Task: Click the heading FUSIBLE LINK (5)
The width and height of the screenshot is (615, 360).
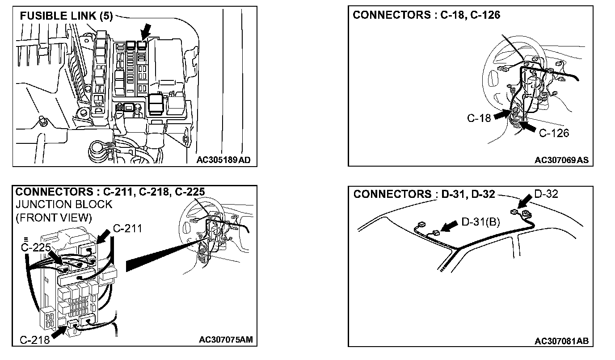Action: (x=66, y=16)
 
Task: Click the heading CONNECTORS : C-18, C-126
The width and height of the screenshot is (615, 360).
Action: (x=426, y=15)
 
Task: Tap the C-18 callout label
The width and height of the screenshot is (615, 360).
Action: (x=479, y=118)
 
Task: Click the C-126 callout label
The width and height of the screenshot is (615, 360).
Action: (x=554, y=133)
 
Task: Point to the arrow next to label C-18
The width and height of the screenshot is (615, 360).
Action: (x=501, y=115)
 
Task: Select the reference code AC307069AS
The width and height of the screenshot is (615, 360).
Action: (x=561, y=160)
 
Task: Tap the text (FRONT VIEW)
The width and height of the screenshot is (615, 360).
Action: (x=54, y=218)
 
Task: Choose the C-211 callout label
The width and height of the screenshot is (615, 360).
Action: (x=127, y=229)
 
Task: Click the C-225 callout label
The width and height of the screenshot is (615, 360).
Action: (x=36, y=246)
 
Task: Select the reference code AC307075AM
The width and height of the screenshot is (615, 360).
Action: (x=226, y=339)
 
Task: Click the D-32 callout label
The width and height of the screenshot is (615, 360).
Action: (x=546, y=194)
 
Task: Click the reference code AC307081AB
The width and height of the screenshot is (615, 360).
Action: (x=561, y=341)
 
